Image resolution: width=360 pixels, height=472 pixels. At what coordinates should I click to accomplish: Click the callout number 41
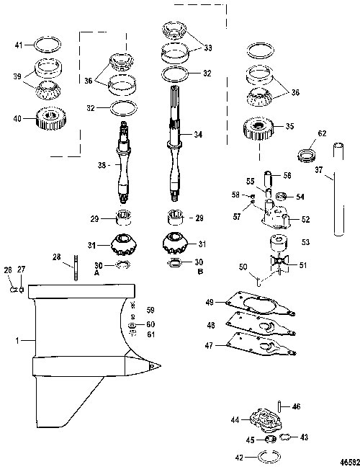[19, 45]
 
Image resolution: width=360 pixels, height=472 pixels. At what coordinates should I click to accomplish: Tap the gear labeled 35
[258, 128]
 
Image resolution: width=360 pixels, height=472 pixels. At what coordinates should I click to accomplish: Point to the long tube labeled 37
[338, 190]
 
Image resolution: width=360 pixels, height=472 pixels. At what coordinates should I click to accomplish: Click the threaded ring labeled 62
[307, 155]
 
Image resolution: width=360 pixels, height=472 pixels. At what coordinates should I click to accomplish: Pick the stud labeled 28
[76, 267]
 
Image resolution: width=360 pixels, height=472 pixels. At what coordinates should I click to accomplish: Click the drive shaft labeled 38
[125, 163]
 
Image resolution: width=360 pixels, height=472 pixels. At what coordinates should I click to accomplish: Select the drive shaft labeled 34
[176, 143]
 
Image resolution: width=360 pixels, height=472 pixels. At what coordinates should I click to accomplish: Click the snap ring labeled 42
[269, 457]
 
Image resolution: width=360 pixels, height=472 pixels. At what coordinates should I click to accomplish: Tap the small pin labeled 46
[279, 407]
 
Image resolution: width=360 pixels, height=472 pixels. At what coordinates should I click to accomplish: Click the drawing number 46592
[350, 462]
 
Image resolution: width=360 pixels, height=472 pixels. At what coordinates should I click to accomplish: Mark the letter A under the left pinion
[96, 272]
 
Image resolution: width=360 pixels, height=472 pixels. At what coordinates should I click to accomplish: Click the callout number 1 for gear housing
[17, 340]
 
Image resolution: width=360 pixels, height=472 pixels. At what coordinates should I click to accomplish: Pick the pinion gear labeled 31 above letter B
[176, 243]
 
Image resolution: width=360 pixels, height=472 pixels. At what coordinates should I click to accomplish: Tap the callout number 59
[150, 310]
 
